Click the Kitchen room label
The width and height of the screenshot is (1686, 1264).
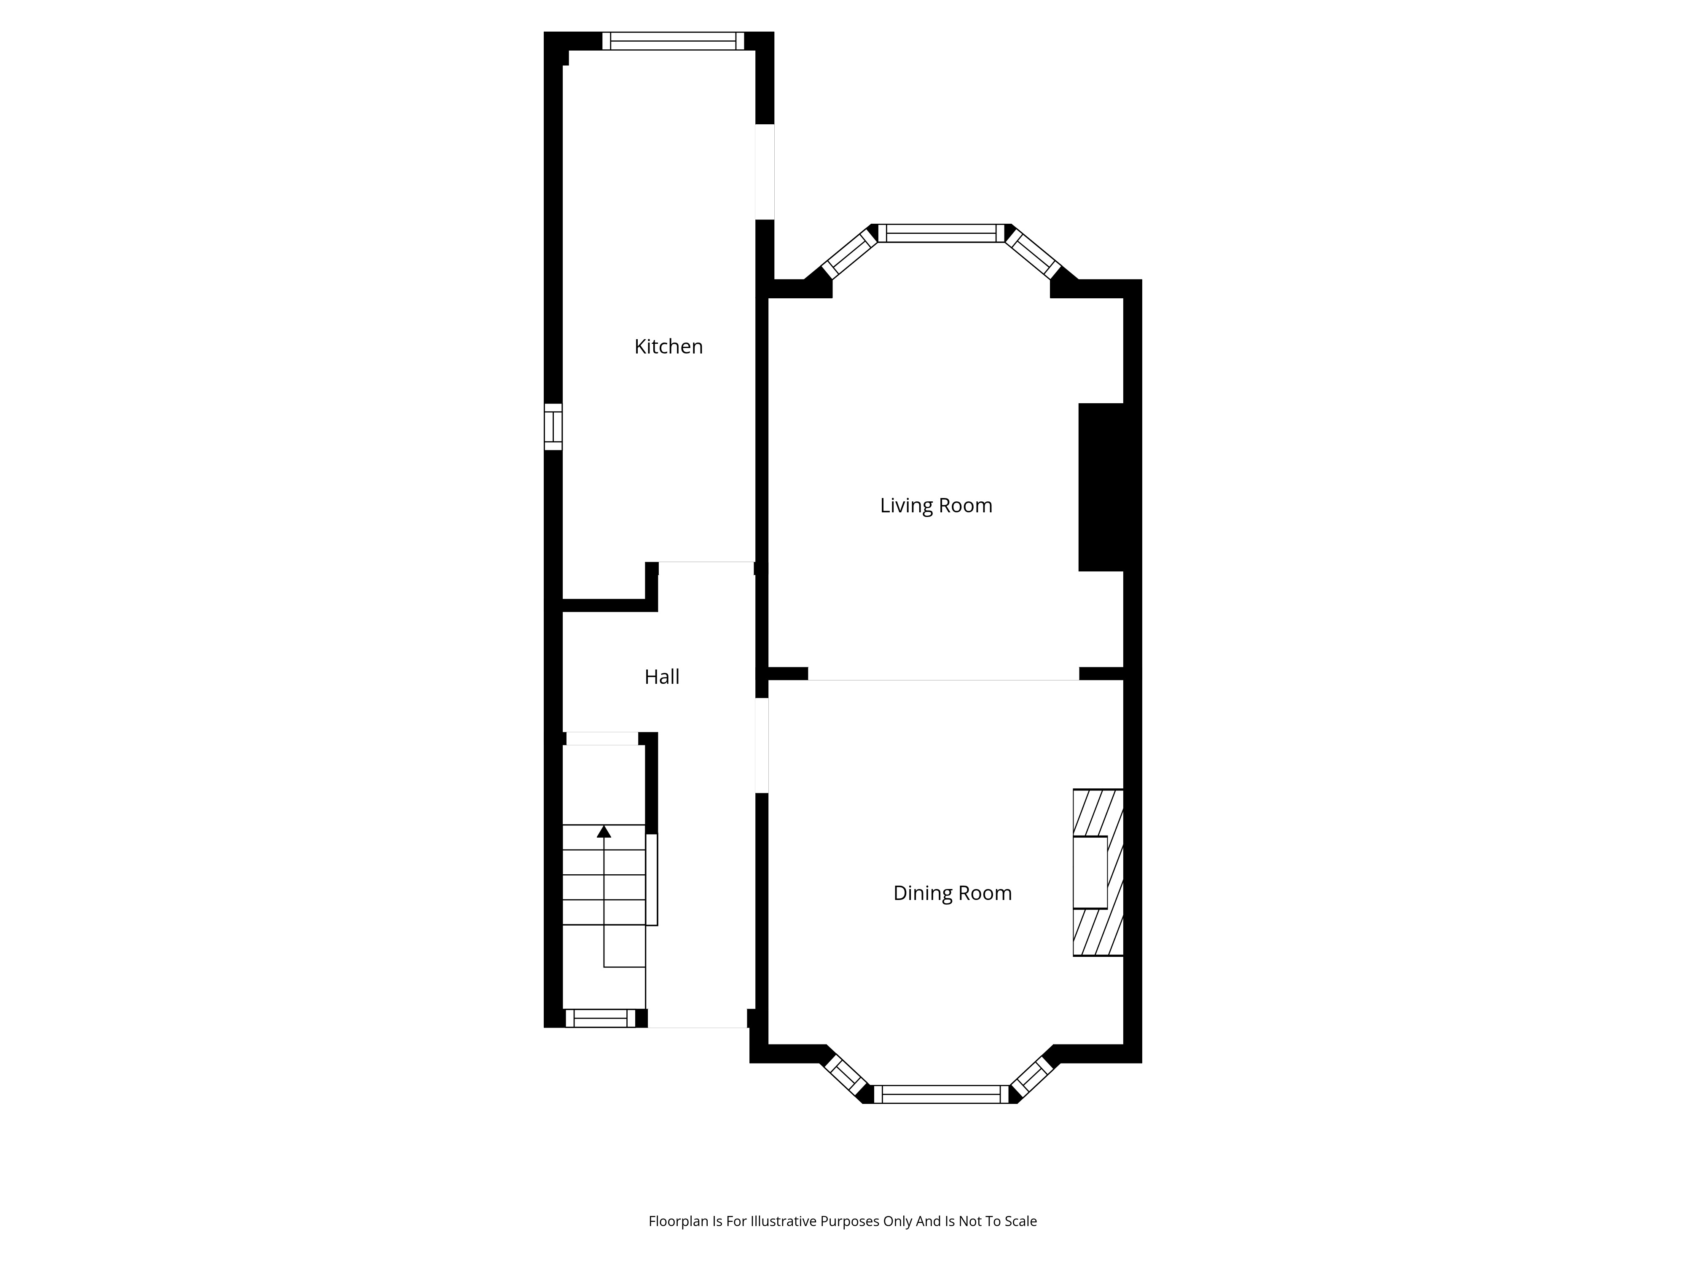pyautogui.click(x=668, y=347)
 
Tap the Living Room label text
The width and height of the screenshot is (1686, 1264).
pyautogui.click(x=936, y=506)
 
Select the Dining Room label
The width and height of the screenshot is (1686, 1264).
pyautogui.click(x=952, y=893)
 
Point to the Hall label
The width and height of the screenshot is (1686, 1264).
pyautogui.click(x=662, y=677)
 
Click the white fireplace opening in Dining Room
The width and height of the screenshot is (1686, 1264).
pyautogui.click(x=1090, y=873)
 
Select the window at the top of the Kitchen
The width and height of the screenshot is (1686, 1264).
pyautogui.click(x=673, y=41)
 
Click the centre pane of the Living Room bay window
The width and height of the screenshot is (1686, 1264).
pyautogui.click(x=941, y=233)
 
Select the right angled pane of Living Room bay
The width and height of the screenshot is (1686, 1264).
pyautogui.click(x=1033, y=253)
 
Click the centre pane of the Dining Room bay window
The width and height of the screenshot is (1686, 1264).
pyautogui.click(x=941, y=1094)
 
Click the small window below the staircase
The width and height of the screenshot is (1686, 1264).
pyautogui.click(x=600, y=1018)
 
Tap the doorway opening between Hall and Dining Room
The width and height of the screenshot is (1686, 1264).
pyautogui.click(x=762, y=745)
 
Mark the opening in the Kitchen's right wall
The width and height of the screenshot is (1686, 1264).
pyautogui.click(x=765, y=171)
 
